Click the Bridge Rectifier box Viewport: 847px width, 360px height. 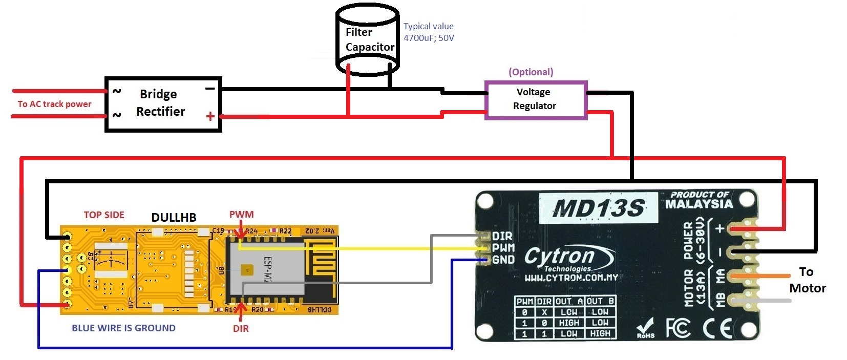point(163,104)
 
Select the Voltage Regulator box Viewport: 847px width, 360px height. point(535,100)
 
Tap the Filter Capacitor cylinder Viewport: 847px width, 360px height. point(367,40)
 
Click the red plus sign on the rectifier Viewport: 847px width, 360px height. point(210,116)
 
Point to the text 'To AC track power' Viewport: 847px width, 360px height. point(54,104)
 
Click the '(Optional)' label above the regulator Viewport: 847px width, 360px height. point(531,72)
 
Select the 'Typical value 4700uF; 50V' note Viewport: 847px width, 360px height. point(428,32)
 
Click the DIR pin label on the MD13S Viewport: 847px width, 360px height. point(502,236)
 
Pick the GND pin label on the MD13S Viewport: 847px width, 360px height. point(503,260)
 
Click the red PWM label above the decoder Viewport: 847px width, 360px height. point(241,215)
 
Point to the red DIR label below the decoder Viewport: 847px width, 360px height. point(241,329)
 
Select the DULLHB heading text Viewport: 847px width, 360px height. point(174,218)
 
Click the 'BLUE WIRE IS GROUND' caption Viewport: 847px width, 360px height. point(123,328)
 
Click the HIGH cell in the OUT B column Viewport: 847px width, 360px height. point(600,333)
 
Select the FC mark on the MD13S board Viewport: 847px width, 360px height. point(678,328)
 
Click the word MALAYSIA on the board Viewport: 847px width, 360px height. point(698,204)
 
